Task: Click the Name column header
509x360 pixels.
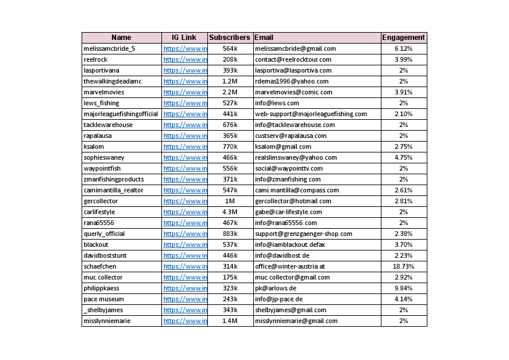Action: (121, 38)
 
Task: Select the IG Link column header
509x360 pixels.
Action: (184, 38)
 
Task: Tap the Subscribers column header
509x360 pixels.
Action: (230, 38)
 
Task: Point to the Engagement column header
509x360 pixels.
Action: (403, 38)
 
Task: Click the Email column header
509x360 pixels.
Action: (264, 38)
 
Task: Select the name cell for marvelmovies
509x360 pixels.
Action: (105, 92)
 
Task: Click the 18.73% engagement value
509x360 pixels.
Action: (403, 266)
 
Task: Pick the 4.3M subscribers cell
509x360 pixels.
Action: (230, 212)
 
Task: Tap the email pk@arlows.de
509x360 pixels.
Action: (276, 288)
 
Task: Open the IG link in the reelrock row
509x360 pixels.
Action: (185, 59)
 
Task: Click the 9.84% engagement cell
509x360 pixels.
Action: (403, 288)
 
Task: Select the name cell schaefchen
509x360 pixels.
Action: (100, 266)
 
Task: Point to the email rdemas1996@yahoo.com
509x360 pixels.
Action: (292, 81)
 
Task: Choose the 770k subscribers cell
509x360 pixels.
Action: (230, 146)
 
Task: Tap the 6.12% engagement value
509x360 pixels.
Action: (403, 48)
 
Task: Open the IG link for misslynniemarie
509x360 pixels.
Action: (185, 321)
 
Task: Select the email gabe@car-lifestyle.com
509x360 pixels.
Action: (288, 212)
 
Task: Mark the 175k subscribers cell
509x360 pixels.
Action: (230, 277)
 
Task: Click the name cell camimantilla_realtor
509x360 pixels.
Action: (114, 190)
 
